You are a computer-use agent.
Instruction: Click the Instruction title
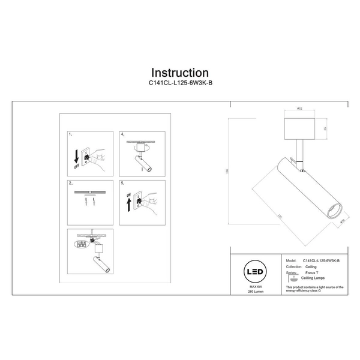click(x=180, y=73)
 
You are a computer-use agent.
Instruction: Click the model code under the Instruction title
click(x=180, y=85)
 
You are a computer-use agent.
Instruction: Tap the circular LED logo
click(x=254, y=272)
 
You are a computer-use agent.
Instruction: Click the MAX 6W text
click(x=254, y=288)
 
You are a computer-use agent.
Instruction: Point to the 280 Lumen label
click(x=254, y=293)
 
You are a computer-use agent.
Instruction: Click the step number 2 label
click(x=71, y=182)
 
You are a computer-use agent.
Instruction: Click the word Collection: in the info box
click(x=292, y=267)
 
